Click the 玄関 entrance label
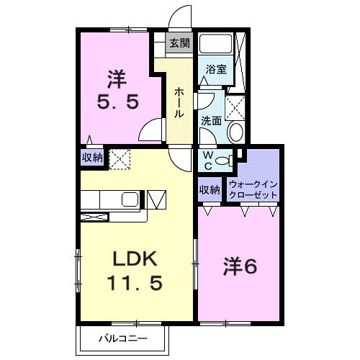(179, 43)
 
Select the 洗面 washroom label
(210, 121)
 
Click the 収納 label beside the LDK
(91, 157)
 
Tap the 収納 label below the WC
(210, 190)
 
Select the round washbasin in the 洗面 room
(235, 132)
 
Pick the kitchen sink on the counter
(130, 199)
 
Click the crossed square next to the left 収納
(117, 157)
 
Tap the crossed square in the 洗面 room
(235, 106)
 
